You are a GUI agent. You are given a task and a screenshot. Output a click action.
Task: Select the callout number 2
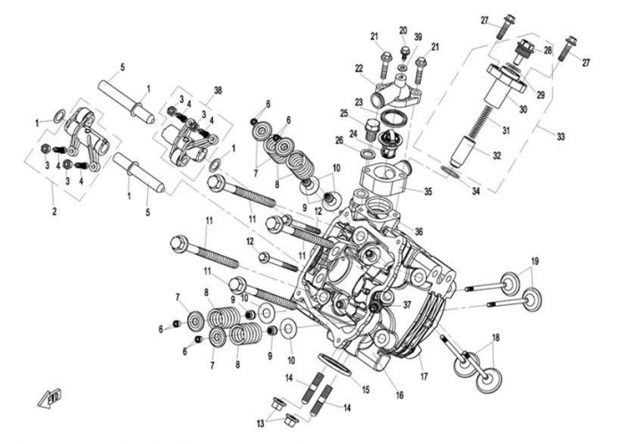click(x=56, y=210)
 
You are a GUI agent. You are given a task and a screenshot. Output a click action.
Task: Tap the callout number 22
click(x=359, y=69)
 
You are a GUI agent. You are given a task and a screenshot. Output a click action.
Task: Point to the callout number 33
click(x=561, y=136)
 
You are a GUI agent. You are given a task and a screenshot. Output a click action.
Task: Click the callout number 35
click(x=428, y=191)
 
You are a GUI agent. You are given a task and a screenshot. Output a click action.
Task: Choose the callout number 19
click(x=535, y=260)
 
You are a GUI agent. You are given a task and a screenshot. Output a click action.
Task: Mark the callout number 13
click(x=259, y=423)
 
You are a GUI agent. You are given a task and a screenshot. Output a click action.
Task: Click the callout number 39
click(x=417, y=36)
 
